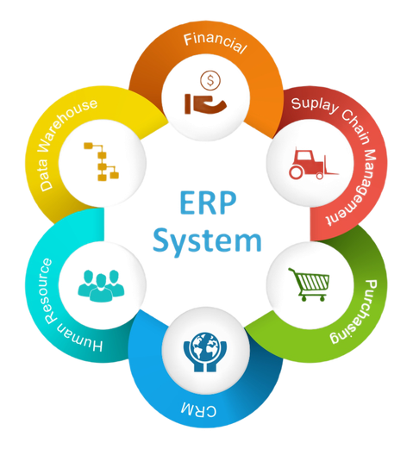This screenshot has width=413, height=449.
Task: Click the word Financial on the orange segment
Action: tap(215, 43)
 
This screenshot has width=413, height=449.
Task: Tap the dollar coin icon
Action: tap(210, 80)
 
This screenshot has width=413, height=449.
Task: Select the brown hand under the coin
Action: tap(206, 104)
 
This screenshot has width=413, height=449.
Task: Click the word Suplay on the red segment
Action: tap(315, 105)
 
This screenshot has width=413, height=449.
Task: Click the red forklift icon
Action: tap(314, 164)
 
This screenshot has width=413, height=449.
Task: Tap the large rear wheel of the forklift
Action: tap(296, 172)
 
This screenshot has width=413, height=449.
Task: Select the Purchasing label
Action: tap(355, 312)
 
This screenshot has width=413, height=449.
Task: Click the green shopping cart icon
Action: tap(309, 284)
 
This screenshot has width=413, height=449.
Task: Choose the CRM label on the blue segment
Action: tap(198, 409)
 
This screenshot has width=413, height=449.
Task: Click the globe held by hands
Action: tap(205, 346)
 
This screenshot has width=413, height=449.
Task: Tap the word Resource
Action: tap(48, 290)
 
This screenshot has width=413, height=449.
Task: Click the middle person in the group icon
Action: tap(101, 288)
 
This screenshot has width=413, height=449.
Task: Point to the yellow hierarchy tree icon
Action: tap(102, 161)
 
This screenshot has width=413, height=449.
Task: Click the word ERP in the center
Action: tap(208, 203)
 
